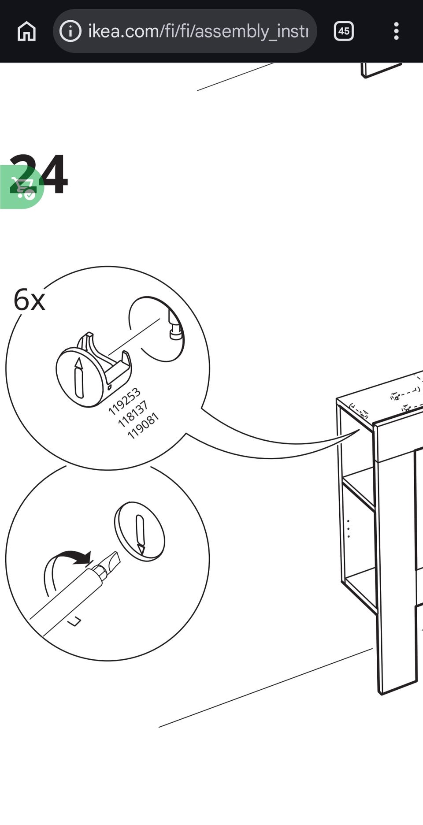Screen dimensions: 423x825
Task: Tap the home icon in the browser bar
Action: (x=26, y=31)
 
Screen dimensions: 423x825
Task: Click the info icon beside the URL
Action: (x=70, y=31)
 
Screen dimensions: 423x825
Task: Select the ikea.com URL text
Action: (x=198, y=31)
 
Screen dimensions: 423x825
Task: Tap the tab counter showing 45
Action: (x=344, y=31)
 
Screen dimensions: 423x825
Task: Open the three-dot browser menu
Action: (x=396, y=31)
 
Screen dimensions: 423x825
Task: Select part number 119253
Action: (x=124, y=401)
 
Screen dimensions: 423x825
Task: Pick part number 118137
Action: (x=133, y=413)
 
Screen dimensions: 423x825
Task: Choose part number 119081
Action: (x=142, y=426)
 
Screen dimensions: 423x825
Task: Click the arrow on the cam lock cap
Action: (x=79, y=378)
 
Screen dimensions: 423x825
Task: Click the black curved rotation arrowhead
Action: (x=83, y=558)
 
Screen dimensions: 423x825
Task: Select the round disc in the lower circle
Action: (x=139, y=531)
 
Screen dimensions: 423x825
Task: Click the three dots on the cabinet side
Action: (x=349, y=528)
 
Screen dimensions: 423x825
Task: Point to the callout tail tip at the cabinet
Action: (x=359, y=431)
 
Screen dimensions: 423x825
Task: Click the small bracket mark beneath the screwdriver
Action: (x=75, y=621)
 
